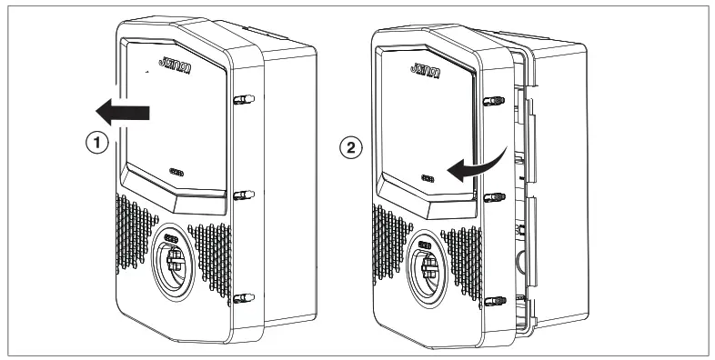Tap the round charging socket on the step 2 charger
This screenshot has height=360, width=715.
(x=427, y=272)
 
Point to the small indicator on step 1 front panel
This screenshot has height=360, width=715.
(x=176, y=170)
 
